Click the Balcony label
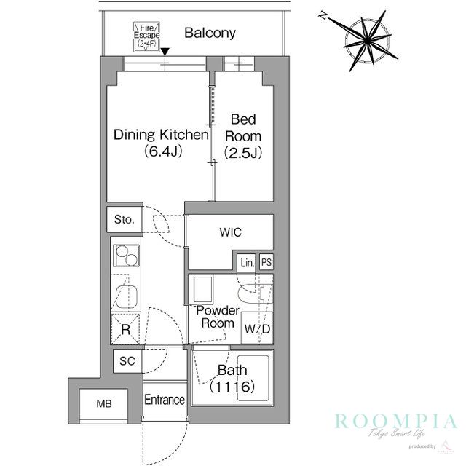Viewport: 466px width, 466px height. pyautogui.click(x=210, y=32)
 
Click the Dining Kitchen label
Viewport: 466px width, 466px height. pyautogui.click(x=160, y=135)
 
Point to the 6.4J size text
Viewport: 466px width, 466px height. pyautogui.click(x=161, y=153)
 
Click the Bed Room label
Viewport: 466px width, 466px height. pyautogui.click(x=243, y=127)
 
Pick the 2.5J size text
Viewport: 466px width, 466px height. pyautogui.click(x=243, y=153)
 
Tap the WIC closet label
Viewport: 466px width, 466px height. pyautogui.click(x=231, y=233)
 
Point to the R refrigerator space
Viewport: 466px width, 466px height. pyautogui.click(x=126, y=329)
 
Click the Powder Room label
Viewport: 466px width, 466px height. pyautogui.click(x=218, y=316)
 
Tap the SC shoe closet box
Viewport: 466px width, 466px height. pyautogui.click(x=127, y=361)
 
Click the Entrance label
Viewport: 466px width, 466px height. pyautogui.click(x=165, y=400)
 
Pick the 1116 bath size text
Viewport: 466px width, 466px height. pyautogui.click(x=232, y=387)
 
